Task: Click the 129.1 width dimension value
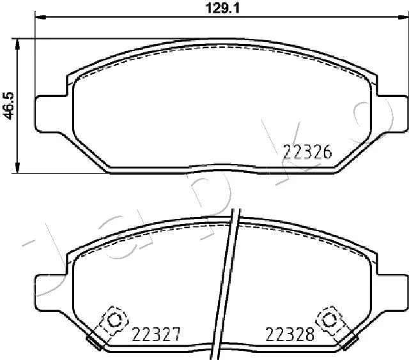(x=222, y=8)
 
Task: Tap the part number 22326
(x=307, y=152)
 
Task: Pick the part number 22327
(x=156, y=334)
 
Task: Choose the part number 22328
(x=289, y=334)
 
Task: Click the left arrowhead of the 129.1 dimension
(x=40, y=17)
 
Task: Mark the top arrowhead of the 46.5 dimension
(x=17, y=44)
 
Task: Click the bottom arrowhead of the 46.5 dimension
(x=17, y=167)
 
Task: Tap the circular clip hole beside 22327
(x=114, y=320)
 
